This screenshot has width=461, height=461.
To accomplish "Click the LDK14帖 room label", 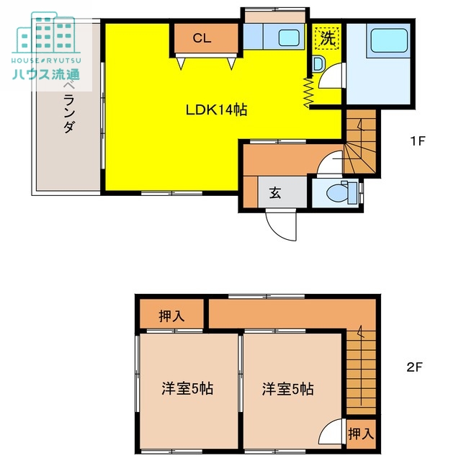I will click(x=217, y=110).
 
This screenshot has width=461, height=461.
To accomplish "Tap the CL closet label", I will click(x=202, y=39).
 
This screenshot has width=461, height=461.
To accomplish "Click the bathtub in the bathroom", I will click(x=388, y=41).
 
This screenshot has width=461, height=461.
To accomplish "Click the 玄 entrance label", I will click(x=275, y=192).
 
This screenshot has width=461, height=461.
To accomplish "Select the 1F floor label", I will click(x=417, y=141).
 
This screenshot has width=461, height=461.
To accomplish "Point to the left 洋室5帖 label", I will click(x=187, y=388).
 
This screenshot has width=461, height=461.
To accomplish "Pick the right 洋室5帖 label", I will click(x=287, y=388).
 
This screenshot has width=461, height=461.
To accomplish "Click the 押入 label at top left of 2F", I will click(x=171, y=315).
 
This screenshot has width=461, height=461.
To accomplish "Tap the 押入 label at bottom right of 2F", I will click(x=360, y=434).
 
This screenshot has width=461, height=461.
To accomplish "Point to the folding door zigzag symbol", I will click(x=308, y=91).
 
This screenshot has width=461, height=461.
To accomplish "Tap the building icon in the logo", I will click(x=45, y=33).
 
